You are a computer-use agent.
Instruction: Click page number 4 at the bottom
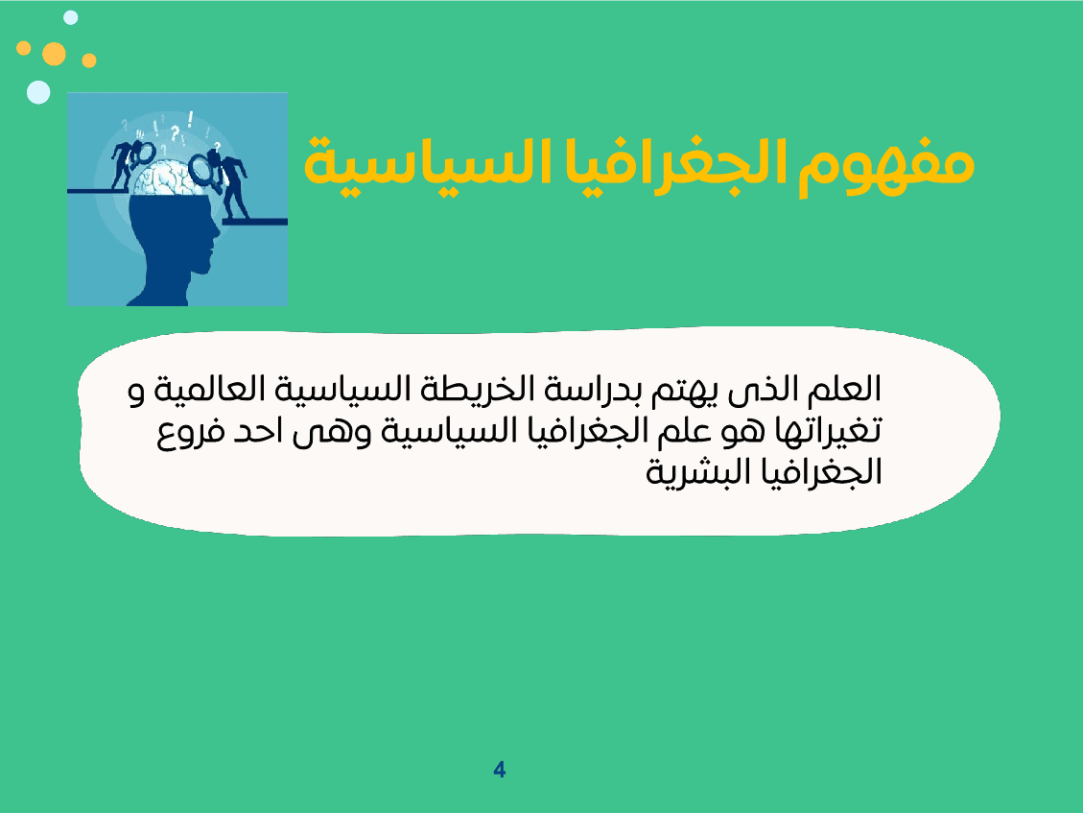pos(499,770)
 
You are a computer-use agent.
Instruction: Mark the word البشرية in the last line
pos(691,471)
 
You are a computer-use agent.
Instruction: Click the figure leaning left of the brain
pos(125,163)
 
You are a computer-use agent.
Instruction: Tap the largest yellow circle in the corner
pos(55,54)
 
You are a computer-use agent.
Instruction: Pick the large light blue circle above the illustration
pos(38,92)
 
